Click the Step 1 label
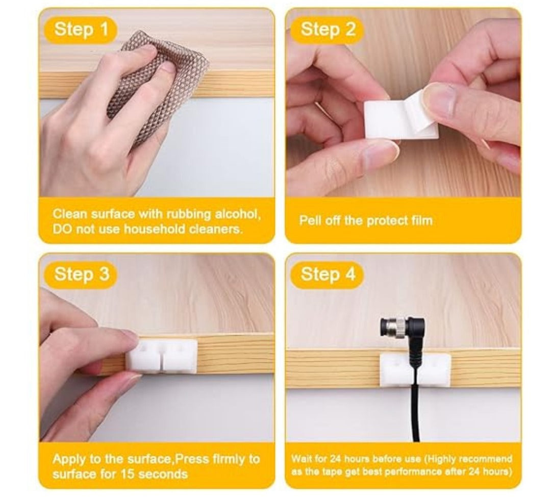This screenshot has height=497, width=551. (x=81, y=29)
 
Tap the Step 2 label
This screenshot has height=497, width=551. (x=328, y=29)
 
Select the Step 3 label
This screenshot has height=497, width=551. (x=82, y=274)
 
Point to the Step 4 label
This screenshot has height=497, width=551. (x=328, y=274)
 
